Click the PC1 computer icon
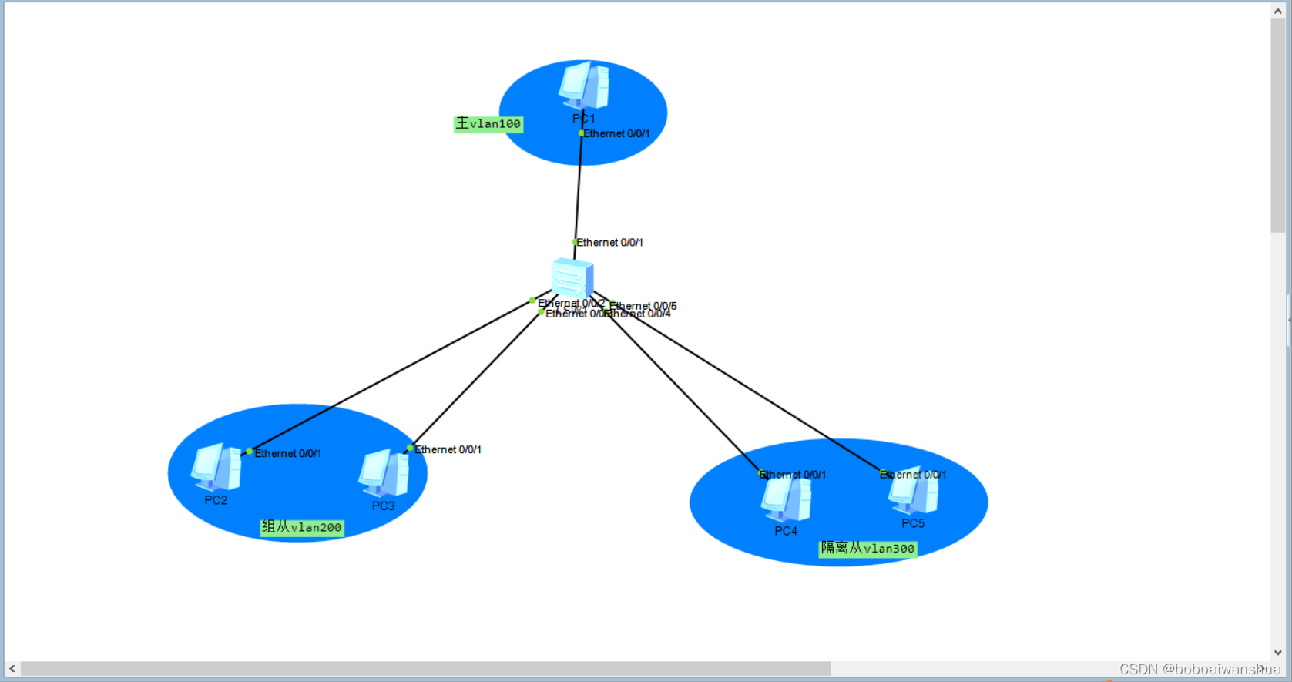(x=584, y=85)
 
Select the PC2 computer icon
(x=216, y=467)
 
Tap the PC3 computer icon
(x=383, y=472)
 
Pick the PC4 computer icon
(x=786, y=499)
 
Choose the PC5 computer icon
(x=913, y=491)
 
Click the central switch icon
(x=572, y=278)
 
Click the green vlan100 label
(x=488, y=124)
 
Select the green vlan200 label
(x=302, y=528)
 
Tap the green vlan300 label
(x=867, y=549)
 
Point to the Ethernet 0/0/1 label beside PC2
(x=288, y=454)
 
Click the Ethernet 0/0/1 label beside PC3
(x=448, y=450)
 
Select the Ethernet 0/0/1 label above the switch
(x=609, y=243)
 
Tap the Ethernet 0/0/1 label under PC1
(x=616, y=134)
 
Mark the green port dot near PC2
(x=249, y=452)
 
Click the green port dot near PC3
(x=410, y=448)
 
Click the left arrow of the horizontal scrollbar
(x=12, y=669)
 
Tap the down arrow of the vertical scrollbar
(x=1278, y=653)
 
